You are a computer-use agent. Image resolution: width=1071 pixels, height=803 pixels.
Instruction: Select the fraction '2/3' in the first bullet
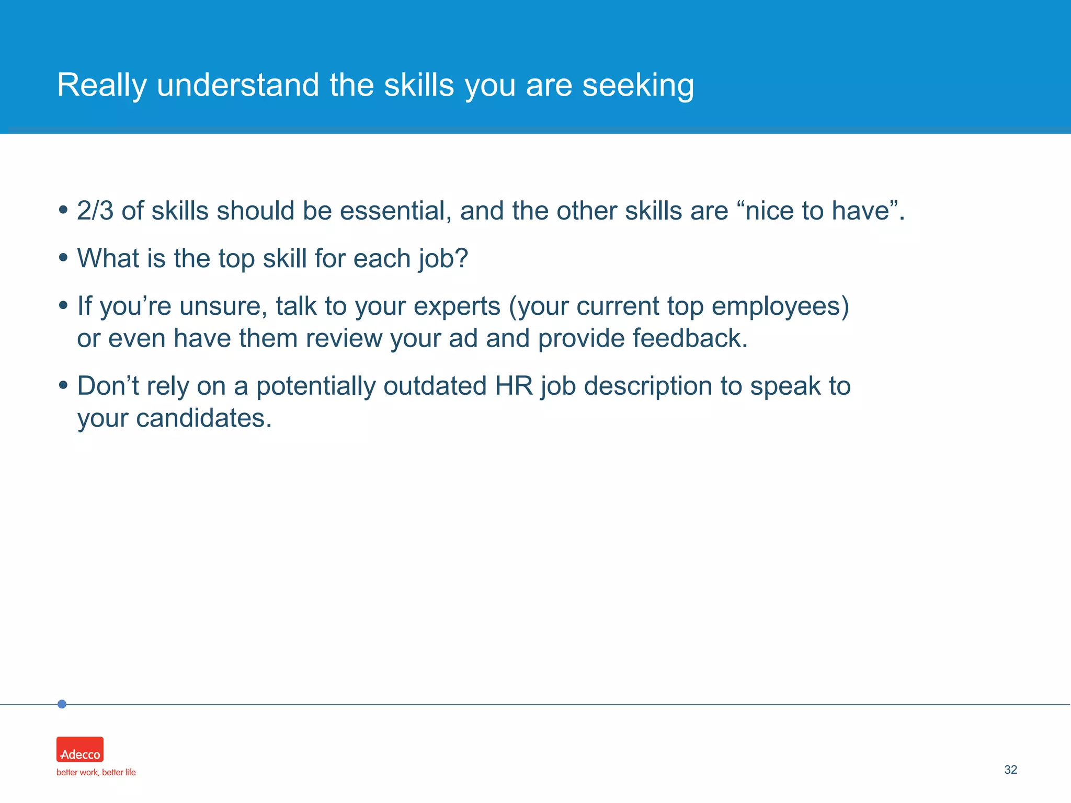95,211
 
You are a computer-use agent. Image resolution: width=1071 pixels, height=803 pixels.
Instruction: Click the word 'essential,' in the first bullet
396,211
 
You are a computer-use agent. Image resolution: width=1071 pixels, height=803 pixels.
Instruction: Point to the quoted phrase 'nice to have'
817,211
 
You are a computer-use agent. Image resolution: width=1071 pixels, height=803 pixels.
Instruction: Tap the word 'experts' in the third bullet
457,306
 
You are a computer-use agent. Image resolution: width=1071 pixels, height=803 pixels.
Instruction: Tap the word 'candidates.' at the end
204,418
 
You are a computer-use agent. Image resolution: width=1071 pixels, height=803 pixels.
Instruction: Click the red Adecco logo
80,749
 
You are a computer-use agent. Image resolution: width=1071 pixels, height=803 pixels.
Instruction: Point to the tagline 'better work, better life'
96,772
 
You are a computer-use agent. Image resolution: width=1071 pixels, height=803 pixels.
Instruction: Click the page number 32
1010,770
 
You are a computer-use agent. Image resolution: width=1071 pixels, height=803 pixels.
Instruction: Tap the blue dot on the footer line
62,704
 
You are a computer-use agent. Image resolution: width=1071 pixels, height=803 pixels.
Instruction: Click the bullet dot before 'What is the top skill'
63,258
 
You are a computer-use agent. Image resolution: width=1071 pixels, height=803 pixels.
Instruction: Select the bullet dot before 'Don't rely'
63,385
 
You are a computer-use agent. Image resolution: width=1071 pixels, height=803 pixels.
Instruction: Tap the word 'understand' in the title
238,85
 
